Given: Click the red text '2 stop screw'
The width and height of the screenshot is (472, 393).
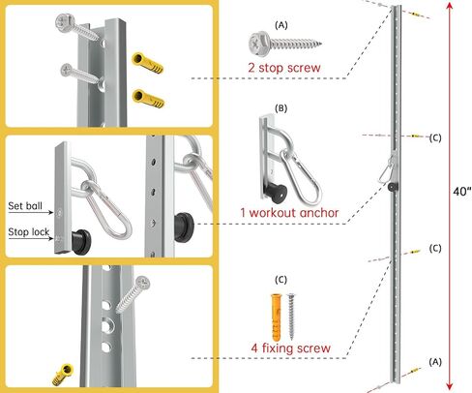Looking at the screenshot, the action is click(x=284, y=68).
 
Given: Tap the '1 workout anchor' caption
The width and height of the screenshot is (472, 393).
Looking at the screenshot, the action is click(x=289, y=213).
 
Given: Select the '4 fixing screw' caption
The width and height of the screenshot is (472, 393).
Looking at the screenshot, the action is click(x=291, y=348).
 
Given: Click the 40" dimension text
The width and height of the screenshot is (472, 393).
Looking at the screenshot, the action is click(x=461, y=192).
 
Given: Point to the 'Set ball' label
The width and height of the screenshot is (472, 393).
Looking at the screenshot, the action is click(x=25, y=206).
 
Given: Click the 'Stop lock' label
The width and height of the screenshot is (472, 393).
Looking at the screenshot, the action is click(x=29, y=231).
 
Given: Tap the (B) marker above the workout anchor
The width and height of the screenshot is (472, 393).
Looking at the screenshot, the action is click(x=280, y=108).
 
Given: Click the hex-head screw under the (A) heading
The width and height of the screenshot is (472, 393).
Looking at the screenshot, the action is click(x=285, y=43).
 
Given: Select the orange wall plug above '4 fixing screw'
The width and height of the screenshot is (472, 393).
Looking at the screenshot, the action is click(x=276, y=317).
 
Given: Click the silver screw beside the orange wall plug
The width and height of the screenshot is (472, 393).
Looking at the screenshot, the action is click(x=291, y=317).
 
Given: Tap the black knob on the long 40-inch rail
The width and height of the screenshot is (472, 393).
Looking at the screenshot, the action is click(x=393, y=186).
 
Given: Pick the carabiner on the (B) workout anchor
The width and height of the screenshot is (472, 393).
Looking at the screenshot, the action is click(x=301, y=176).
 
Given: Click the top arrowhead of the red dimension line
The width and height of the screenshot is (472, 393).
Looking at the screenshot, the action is click(x=450, y=7).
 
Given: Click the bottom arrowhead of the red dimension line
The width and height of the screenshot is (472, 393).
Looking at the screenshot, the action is click(x=450, y=386).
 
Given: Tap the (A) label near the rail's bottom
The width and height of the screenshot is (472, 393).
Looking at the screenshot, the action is click(x=435, y=362).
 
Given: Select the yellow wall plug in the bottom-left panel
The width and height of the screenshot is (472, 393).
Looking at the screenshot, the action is click(x=63, y=374).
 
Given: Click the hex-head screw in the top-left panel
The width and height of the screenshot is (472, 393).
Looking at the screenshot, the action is click(x=78, y=27).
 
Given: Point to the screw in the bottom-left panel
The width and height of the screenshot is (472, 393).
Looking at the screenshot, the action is click(x=133, y=294).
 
